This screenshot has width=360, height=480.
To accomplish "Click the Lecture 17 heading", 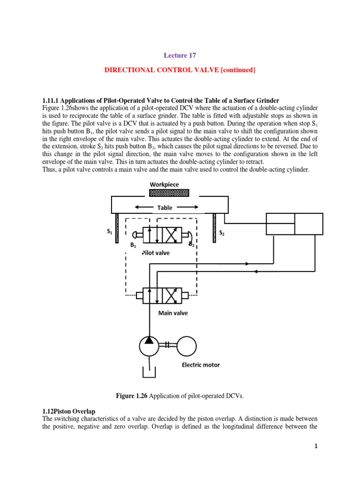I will [x=180, y=55].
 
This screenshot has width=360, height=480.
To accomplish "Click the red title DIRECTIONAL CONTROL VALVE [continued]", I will [x=180, y=70].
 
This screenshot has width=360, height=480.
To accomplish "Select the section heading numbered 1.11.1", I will [x=161, y=100].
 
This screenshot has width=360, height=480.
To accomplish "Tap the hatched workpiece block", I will [x=169, y=193].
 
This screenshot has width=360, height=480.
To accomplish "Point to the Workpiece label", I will [x=164, y=184].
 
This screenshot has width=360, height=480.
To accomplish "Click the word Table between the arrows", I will [x=165, y=208].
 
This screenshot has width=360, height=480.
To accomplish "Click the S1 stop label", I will [x=109, y=232].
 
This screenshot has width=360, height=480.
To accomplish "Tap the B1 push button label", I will [x=133, y=245].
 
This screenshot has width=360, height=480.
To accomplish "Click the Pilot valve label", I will [x=156, y=253].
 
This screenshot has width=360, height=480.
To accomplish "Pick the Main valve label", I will [x=173, y=313].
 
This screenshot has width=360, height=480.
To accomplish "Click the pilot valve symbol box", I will [x=162, y=235].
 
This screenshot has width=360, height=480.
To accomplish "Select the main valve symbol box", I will [x=162, y=295].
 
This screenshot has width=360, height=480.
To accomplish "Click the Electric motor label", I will [x=201, y=365].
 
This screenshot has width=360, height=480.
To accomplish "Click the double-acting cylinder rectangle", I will [x=294, y=224].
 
